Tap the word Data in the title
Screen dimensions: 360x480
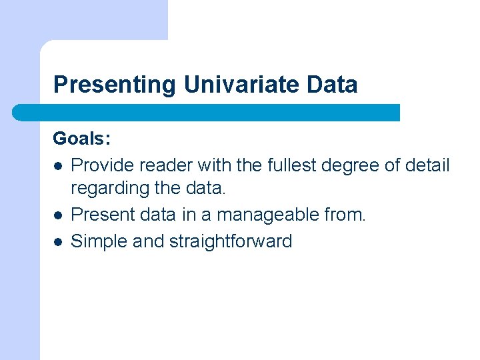coord(333,85)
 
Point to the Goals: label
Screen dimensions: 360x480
coord(82,139)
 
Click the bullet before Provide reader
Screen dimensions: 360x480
coord(58,165)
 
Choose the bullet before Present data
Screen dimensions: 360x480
coord(58,215)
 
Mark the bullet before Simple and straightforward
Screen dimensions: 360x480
coord(58,241)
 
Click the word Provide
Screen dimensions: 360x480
coord(99,165)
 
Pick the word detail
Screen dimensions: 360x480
coord(427,165)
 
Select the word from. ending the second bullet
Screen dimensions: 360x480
coord(345,215)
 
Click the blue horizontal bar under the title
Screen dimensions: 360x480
coord(207,113)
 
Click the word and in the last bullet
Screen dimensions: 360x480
coord(148,241)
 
